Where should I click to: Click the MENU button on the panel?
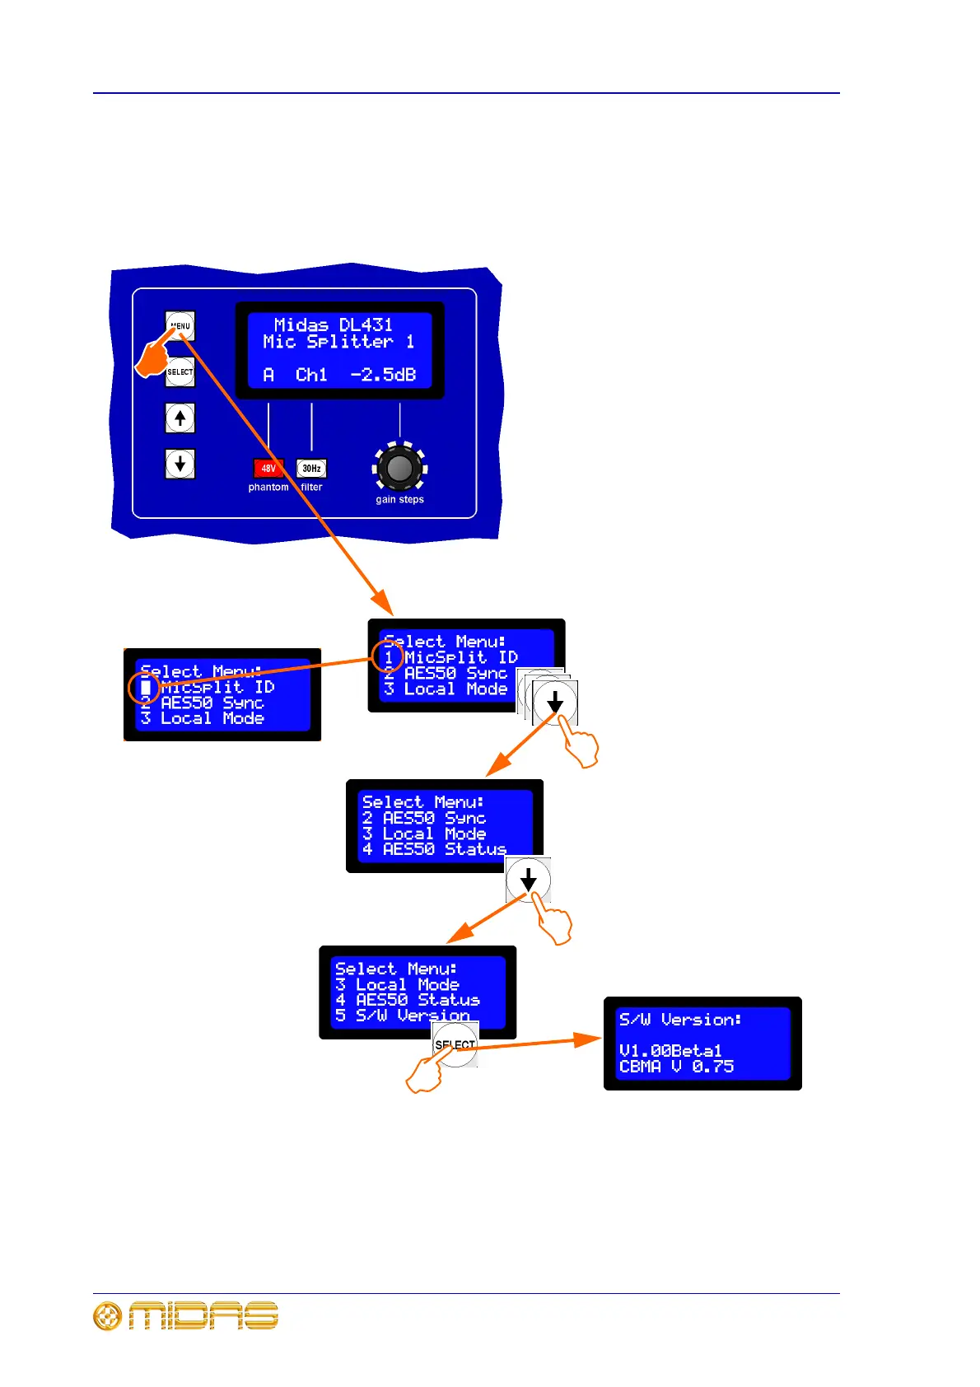click(180, 326)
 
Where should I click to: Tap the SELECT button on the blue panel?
click(180, 372)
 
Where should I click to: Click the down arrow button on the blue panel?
click(180, 464)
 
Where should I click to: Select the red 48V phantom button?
click(268, 469)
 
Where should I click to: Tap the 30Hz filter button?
click(311, 469)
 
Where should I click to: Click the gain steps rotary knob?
click(399, 468)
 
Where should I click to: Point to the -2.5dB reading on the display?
click(383, 375)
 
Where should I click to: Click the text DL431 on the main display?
click(366, 325)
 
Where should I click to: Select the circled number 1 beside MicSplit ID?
click(388, 657)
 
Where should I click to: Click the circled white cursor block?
click(145, 687)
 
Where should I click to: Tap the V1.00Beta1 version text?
click(670, 1051)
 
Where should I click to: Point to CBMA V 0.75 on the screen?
click(676, 1067)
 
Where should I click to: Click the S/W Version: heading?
click(680, 1020)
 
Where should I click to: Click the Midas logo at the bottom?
click(186, 1315)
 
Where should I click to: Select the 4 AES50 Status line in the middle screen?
click(434, 849)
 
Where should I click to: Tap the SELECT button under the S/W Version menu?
click(455, 1044)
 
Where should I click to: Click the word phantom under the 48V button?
click(268, 488)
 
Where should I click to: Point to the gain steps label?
click(399, 500)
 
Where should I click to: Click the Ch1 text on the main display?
click(311, 375)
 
